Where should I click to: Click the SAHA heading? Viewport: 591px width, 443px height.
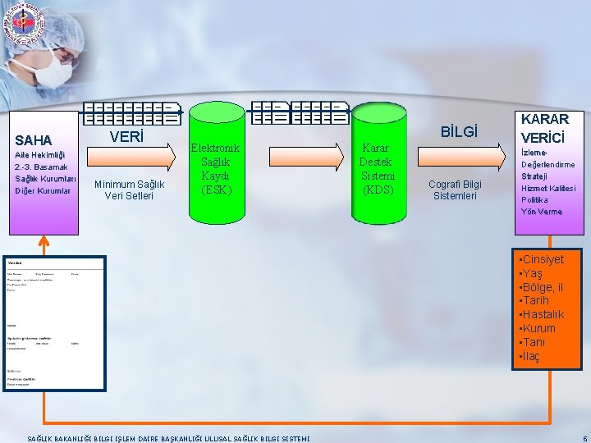tap(34, 140)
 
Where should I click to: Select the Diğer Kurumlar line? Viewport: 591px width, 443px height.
tap(43, 191)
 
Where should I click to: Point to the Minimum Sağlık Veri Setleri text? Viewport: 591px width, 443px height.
tap(129, 190)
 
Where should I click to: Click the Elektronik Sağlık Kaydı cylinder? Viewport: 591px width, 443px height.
tap(215, 168)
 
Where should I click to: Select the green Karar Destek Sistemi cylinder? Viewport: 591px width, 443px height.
tap(378, 168)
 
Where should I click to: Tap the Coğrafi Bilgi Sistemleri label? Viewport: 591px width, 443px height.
tap(456, 190)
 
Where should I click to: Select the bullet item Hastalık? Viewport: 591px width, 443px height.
tap(542, 315)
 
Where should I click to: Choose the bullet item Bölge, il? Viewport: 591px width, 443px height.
tap(541, 287)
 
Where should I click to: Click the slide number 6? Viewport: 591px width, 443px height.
tap(584, 438)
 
